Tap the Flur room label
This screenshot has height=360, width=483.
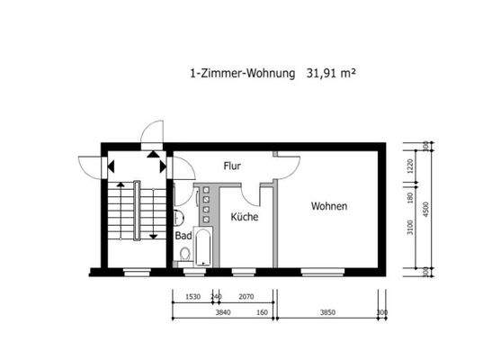[x=234, y=166]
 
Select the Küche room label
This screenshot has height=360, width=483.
[x=245, y=217]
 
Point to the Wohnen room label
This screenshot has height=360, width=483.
[x=329, y=206]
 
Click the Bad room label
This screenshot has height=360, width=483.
[x=183, y=236]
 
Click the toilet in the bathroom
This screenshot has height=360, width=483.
[x=185, y=255]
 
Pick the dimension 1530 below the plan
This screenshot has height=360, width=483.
[x=191, y=296]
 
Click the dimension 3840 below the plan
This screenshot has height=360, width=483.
[x=223, y=313]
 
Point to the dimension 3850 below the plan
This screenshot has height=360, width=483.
[x=327, y=313]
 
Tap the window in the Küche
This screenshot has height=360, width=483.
[x=243, y=270]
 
